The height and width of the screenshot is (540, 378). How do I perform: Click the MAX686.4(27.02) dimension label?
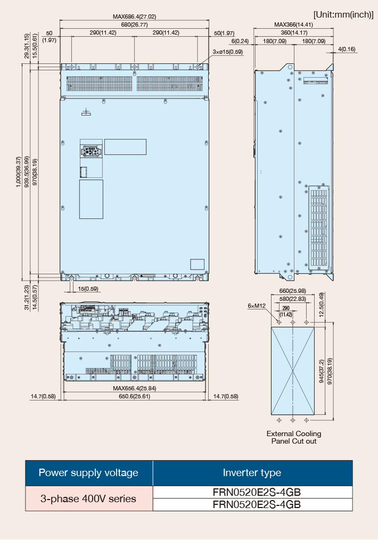coord(134,17)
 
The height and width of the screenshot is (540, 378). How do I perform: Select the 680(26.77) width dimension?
coord(134,24)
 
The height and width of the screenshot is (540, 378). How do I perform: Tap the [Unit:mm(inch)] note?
coord(343,15)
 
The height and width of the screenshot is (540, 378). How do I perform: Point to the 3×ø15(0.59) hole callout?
coord(227,52)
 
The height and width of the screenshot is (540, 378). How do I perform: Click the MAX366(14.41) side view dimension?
coord(293,24)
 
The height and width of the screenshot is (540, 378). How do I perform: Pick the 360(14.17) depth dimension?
coord(294,32)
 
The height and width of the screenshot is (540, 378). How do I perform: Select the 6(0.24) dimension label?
coord(240,41)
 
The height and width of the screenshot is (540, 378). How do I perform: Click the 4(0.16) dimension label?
coord(347,49)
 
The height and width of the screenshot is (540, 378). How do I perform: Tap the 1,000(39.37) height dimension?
coord(19,172)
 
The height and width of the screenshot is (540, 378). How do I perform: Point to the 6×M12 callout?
coord(257,306)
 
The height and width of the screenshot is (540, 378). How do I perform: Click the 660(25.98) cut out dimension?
coord(293,291)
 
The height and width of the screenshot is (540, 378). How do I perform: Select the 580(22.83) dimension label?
coord(293,299)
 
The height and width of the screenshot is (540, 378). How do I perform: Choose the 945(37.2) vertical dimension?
coord(322,371)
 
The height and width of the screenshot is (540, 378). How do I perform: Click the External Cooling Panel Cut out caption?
coord(294,437)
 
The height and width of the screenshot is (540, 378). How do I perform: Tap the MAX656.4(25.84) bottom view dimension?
coord(134,388)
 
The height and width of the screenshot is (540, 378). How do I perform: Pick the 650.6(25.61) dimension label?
coord(134,396)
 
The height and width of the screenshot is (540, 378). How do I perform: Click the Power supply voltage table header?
coord(88,473)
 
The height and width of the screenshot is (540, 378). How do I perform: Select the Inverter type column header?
coord(252,473)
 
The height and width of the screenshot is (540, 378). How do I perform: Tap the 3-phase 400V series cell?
coord(88,498)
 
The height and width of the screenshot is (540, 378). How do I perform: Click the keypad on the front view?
coord(91,151)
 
